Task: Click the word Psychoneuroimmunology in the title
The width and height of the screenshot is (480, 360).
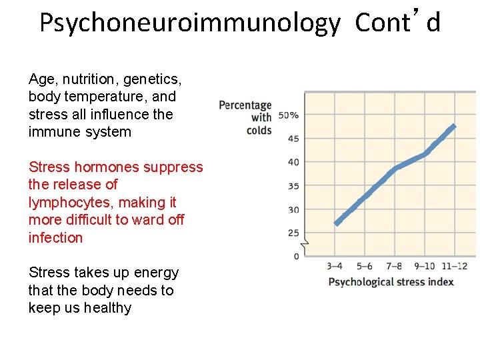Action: tap(189, 23)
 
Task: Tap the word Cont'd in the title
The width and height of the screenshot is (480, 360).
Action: tap(397, 23)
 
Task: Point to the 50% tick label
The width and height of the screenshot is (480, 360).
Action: tap(288, 115)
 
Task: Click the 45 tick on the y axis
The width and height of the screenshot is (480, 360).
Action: tap(293, 139)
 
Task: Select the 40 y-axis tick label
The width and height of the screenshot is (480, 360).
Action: tap(293, 162)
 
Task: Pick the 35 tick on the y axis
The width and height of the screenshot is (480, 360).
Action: tap(293, 186)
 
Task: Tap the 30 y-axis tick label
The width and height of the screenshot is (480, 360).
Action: tap(293, 209)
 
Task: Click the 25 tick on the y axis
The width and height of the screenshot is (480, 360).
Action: tap(293, 233)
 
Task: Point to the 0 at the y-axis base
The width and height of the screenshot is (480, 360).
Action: tap(296, 257)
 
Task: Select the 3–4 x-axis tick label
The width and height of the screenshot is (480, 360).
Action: tap(335, 267)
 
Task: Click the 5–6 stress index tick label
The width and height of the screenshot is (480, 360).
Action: tap(365, 267)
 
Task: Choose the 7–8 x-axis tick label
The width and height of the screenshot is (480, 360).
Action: tap(394, 267)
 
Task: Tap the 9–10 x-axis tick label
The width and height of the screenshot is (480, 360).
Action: tap(424, 267)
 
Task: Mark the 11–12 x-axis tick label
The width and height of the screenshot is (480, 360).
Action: tap(455, 267)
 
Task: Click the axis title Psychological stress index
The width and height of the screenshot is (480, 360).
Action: tap(391, 281)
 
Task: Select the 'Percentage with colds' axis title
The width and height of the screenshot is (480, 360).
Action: tap(246, 117)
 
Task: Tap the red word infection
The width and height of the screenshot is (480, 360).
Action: tap(55, 237)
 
